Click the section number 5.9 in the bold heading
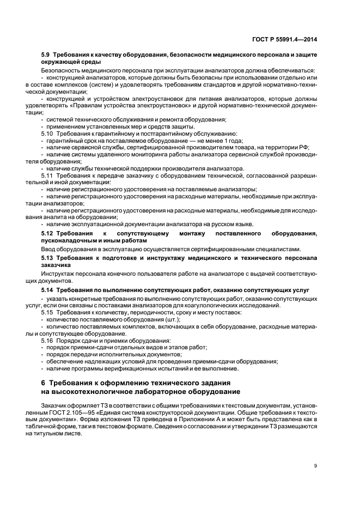pyautogui.click(x=47, y=56)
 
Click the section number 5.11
pyautogui.click(x=47, y=175)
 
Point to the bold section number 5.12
pyautogui.click(x=47, y=233)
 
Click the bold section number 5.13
pyautogui.click(x=47, y=257)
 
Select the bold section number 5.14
pyautogui.click(x=47, y=291)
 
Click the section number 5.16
pyautogui.click(x=47, y=341)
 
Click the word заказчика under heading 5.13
pyautogui.click(x=56, y=264)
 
